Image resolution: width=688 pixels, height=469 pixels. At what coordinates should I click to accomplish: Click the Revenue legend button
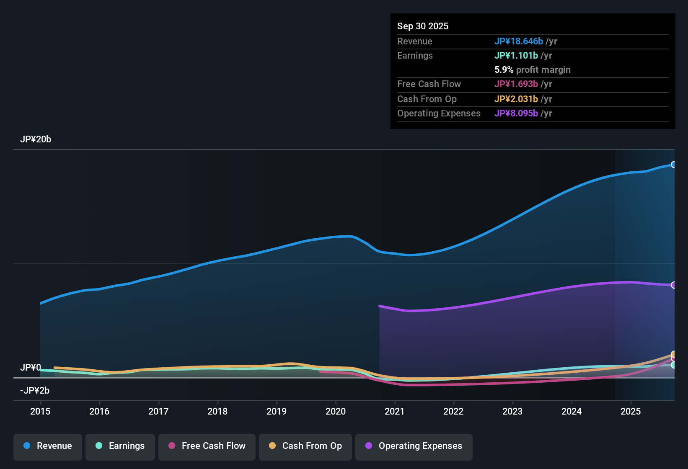point(48,446)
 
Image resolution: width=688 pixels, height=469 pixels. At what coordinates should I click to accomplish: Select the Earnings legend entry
point(120,446)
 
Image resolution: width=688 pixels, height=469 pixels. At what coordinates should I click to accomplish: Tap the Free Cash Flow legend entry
point(207,446)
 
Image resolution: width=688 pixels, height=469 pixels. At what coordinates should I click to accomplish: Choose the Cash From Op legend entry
point(305,446)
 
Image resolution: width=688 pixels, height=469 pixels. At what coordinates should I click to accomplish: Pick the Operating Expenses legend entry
point(414,446)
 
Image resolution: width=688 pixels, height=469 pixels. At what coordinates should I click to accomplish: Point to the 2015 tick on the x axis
point(40,411)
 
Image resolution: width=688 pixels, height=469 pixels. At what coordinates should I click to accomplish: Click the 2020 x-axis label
point(336,411)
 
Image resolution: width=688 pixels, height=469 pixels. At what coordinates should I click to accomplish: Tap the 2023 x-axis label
point(512,411)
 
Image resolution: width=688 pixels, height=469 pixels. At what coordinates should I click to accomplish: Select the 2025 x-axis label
point(631,411)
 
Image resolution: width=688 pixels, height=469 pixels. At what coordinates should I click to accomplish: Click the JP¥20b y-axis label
point(36,139)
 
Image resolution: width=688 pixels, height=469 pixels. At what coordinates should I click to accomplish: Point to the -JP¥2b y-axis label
point(35,391)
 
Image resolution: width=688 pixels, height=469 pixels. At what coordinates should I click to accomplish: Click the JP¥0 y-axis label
point(31,368)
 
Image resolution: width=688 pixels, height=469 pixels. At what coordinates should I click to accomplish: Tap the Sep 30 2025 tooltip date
point(423,26)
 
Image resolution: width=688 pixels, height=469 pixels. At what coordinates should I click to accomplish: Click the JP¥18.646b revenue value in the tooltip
point(519,41)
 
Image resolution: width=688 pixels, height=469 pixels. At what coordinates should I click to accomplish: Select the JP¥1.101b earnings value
point(516,56)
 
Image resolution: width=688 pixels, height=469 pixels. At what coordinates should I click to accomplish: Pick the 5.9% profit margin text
point(533,70)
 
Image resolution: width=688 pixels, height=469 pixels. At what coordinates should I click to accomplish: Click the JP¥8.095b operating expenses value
point(516,113)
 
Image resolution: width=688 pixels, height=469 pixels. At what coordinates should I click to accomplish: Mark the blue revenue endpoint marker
point(673,165)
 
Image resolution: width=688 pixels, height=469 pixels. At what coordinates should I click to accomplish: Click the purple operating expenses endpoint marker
point(673,285)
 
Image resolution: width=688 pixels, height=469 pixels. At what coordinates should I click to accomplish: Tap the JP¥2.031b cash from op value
point(516,99)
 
